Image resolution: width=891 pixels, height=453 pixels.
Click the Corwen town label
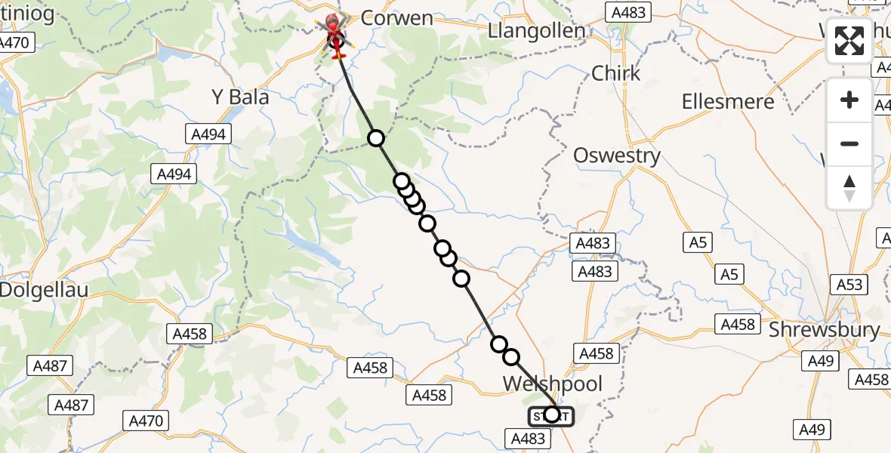396,17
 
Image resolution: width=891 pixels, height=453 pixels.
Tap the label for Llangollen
537,31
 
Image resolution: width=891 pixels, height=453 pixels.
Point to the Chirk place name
616,73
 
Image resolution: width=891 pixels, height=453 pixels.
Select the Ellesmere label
728,101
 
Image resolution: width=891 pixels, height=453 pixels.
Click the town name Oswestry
617,156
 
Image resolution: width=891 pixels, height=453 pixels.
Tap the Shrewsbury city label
824,330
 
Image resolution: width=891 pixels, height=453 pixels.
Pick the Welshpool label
553,384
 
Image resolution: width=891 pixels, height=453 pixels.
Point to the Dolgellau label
44,289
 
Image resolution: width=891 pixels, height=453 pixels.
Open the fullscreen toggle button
849,40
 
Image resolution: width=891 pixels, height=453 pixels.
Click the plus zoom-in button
849,100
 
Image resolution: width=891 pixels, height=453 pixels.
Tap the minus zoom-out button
849,143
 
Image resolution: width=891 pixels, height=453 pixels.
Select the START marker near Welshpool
551,415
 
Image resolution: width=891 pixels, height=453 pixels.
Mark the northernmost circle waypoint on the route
376,137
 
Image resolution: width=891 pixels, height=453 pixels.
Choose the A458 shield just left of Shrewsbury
737,324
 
